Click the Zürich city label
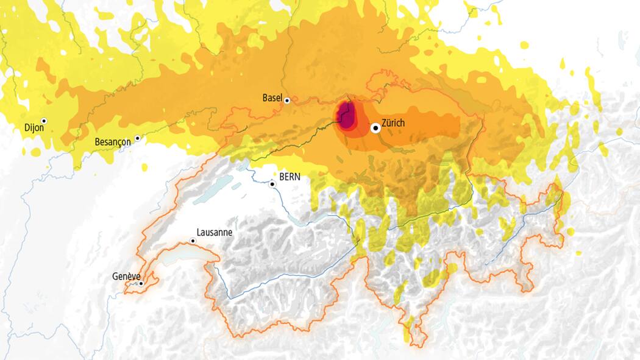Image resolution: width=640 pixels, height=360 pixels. click(393, 123)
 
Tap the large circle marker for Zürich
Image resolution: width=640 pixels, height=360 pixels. click(376, 128)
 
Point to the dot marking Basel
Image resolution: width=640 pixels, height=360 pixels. click(287, 101)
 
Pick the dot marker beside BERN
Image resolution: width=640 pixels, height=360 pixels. click(273, 183)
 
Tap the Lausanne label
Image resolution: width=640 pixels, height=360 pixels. click(215, 233)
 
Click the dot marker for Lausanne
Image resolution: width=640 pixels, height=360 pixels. click(193, 241)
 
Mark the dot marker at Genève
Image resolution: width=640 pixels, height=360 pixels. click(141, 283)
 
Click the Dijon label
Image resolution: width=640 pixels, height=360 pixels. click(35, 129)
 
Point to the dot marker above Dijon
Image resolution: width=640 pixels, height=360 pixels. click(44, 121)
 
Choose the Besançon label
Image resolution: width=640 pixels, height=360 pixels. click(113, 142)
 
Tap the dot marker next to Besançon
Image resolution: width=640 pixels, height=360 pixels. click(138, 138)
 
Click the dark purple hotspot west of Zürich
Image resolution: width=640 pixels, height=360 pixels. click(347, 117)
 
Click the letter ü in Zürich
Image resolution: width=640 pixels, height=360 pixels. click(388, 123)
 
